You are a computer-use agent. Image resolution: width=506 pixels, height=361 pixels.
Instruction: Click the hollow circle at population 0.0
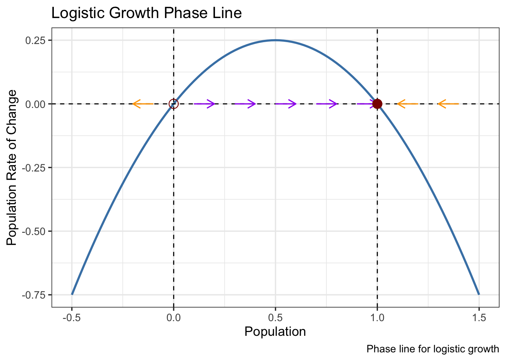click(173, 104)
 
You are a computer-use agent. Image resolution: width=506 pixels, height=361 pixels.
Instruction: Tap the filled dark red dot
click(377, 104)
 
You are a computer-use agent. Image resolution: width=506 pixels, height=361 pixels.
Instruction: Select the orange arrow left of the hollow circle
click(143, 104)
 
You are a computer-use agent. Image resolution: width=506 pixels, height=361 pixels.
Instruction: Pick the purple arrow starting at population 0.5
click(285, 104)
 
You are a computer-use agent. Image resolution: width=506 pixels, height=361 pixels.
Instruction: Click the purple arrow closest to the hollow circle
click(204, 104)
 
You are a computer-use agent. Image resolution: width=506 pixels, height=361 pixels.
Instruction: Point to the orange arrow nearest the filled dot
click(407, 104)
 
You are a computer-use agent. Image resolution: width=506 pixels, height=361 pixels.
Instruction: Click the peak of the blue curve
click(275, 40)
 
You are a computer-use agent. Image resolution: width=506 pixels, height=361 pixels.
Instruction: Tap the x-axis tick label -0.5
click(71, 318)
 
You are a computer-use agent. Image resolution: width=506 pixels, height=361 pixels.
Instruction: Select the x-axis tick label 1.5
click(479, 318)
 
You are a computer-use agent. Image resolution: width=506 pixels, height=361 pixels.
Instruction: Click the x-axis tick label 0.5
click(275, 318)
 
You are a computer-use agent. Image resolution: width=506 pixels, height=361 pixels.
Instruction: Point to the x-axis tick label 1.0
click(377, 318)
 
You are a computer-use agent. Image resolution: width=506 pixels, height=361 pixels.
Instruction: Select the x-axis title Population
click(275, 332)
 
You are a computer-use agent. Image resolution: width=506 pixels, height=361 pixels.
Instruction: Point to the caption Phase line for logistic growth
click(433, 349)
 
